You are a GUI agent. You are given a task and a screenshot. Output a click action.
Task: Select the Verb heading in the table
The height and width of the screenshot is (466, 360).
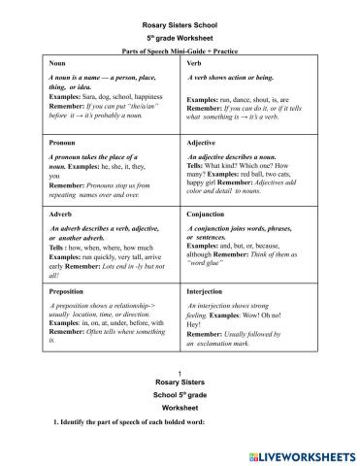194,60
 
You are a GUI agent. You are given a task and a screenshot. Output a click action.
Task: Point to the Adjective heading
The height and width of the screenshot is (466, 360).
202,142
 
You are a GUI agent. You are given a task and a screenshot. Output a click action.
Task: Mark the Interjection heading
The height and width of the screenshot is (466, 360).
208,290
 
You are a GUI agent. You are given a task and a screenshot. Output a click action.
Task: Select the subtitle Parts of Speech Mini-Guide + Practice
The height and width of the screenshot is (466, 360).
180,46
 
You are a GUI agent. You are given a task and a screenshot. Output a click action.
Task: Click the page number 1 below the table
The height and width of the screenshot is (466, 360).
180,374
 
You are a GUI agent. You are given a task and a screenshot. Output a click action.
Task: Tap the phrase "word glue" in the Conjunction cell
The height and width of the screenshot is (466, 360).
213,263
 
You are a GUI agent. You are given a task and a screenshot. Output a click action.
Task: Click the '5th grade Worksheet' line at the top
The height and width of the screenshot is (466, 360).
180,29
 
